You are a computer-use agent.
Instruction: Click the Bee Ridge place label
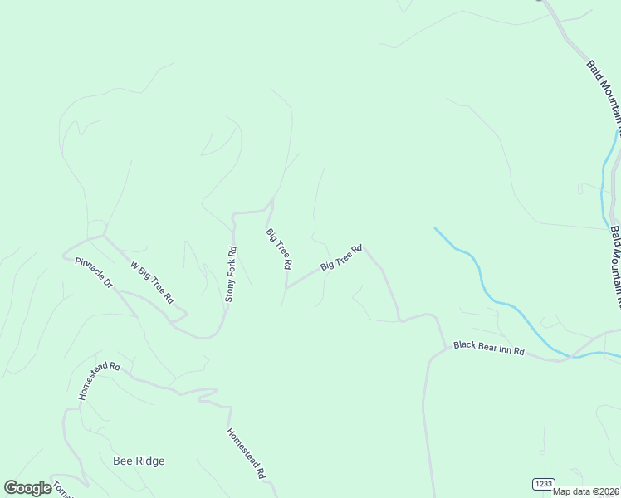[138, 461]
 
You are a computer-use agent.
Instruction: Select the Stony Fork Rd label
[231, 274]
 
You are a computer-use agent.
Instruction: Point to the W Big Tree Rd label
[152, 282]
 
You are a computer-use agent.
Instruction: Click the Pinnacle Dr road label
[93, 272]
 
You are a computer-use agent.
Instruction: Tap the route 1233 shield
[543, 483]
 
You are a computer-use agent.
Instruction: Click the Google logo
[27, 488]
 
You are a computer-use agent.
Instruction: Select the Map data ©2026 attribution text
[586, 491]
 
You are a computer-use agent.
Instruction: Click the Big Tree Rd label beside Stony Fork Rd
[279, 248]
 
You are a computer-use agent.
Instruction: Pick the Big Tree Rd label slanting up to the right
[342, 257]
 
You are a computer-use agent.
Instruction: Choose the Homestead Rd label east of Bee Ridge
[246, 453]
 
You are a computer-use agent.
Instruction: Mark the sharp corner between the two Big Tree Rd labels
[286, 289]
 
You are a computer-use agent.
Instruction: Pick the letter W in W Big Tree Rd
[133, 266]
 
